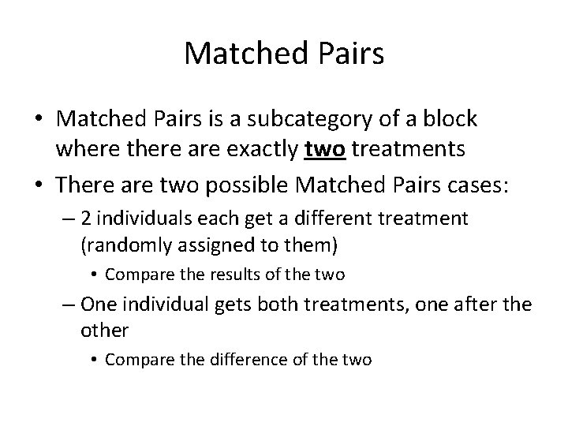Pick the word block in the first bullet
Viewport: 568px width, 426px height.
[x=450, y=119]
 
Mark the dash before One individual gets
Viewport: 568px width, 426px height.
[x=69, y=304]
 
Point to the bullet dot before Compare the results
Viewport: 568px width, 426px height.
[x=94, y=275]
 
